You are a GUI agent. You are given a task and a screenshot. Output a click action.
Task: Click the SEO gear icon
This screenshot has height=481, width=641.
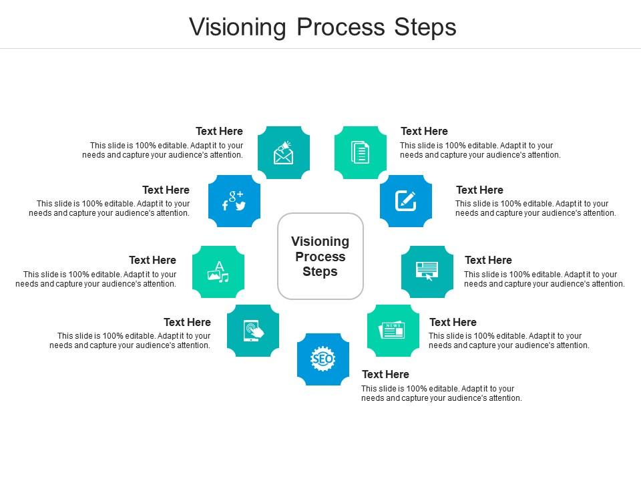(323, 359)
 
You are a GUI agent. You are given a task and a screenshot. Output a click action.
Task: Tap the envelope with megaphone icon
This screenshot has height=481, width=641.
(284, 153)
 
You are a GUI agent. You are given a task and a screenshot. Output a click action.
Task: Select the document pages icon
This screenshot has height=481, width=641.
(360, 152)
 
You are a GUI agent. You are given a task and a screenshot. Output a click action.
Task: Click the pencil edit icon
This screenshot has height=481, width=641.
(405, 200)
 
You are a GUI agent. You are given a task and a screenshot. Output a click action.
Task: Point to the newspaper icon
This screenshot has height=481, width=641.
(393, 330)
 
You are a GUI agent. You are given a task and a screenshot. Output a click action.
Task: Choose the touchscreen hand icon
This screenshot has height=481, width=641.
(253, 331)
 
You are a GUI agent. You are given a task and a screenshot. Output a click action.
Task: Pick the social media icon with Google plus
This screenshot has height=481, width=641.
(234, 200)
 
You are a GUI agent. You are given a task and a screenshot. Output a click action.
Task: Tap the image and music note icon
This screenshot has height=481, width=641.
(218, 271)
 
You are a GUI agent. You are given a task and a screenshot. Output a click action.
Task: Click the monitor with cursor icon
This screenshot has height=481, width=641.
(427, 271)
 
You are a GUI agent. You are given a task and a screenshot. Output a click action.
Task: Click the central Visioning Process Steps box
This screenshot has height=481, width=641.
(320, 257)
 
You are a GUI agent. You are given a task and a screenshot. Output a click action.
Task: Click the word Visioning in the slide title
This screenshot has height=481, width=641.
(237, 27)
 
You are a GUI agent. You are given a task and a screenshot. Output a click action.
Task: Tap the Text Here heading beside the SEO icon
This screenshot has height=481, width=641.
(385, 374)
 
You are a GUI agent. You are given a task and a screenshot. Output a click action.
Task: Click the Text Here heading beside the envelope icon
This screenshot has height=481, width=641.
(219, 131)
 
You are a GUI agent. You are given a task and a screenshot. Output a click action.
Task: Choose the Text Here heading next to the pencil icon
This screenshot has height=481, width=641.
(479, 190)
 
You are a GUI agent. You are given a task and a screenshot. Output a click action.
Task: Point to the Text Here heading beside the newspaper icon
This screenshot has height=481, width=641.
(453, 322)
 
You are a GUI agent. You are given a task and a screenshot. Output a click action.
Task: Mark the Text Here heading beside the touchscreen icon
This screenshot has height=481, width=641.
(187, 322)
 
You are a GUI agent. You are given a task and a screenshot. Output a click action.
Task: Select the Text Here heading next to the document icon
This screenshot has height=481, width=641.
(424, 131)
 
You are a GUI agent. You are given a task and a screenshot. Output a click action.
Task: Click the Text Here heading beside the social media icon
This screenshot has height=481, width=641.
(166, 190)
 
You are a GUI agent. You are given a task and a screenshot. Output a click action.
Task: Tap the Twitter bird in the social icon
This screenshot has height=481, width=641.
(240, 206)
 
